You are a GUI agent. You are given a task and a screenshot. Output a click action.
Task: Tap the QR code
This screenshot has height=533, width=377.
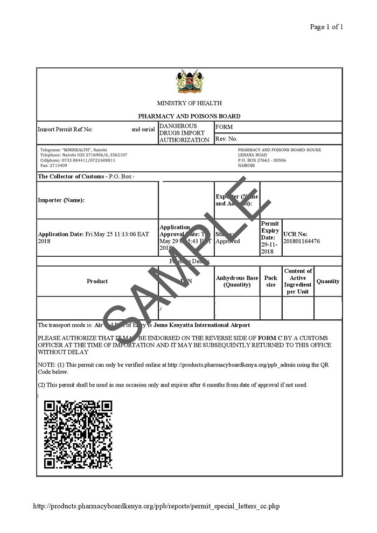pos(78,434)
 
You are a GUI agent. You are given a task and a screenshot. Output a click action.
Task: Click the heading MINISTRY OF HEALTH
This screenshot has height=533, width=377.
pos(189,103)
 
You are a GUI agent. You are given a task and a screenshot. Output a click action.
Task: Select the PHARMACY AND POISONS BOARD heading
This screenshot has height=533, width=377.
pos(189,116)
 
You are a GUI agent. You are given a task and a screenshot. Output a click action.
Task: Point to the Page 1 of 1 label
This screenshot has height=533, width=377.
pos(326,27)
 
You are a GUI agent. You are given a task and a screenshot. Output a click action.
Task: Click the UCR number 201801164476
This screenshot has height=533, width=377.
pos(302,241)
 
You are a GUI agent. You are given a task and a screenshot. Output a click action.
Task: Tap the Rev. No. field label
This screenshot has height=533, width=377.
pos(227,139)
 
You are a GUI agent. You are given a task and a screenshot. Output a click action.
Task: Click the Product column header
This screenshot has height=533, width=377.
pos(97,281)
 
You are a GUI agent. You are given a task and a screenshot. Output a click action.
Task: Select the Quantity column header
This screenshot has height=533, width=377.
pos(328,281)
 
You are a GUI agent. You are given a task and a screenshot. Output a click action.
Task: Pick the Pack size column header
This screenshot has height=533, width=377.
pos(270,281)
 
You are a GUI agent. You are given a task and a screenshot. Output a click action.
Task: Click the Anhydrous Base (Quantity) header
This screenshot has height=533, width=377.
pos(237,281)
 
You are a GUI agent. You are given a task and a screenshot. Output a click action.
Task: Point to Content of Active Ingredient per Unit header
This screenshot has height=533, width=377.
pos(298,281)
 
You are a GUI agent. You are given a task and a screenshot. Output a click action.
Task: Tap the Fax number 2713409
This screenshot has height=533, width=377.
pos(54,165)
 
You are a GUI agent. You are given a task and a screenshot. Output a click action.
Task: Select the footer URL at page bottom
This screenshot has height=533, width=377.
pos(157,506)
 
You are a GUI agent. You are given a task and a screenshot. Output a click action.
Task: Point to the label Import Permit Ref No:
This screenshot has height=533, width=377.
pos(65,130)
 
